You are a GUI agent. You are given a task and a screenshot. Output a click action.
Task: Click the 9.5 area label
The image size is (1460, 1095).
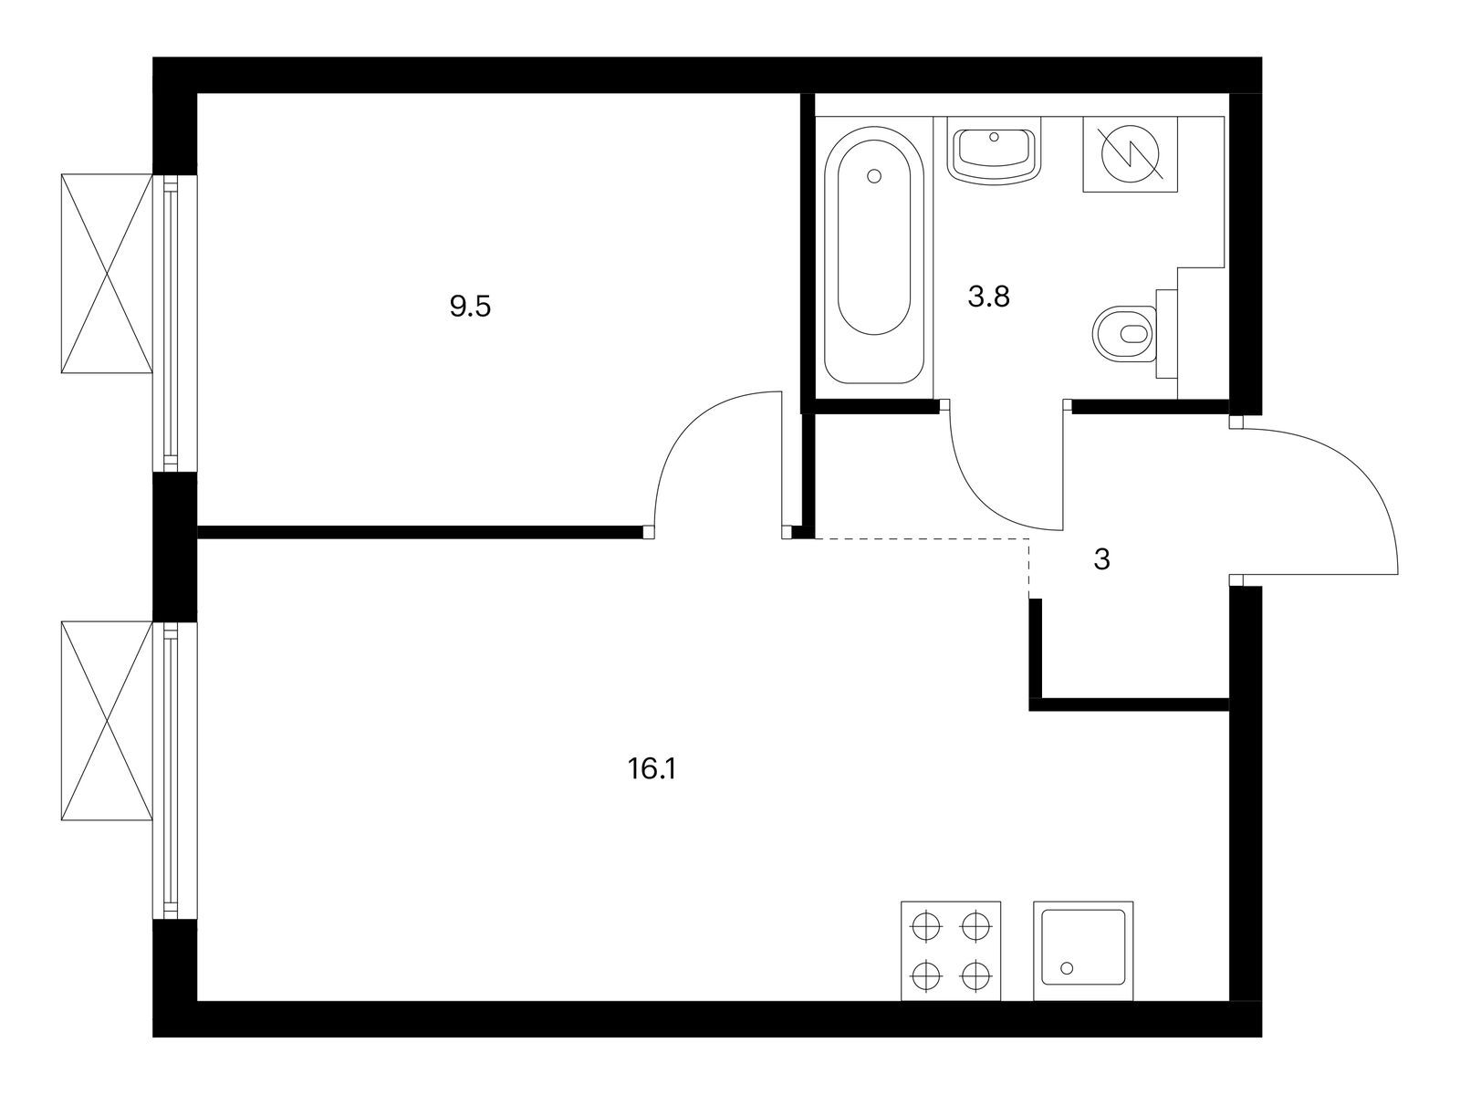point(470,308)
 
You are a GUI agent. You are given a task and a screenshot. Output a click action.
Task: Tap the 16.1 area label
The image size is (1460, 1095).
point(652,769)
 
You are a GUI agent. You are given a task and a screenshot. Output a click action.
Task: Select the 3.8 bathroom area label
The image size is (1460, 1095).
point(988,297)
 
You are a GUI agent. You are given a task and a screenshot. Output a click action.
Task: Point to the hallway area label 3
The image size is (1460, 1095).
point(1101,559)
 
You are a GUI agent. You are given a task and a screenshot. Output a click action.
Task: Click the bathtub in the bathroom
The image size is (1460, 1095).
point(874,255)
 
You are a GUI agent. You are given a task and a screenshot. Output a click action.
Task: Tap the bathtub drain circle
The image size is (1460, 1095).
point(875,176)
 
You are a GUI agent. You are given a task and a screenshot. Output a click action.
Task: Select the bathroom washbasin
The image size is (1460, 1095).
point(994,155)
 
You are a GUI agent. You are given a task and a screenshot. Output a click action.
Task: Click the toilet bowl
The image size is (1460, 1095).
point(1125,333)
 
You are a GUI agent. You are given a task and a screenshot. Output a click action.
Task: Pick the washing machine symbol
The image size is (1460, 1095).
point(1130,154)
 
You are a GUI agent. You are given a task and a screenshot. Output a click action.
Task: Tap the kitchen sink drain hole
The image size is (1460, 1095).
point(1067,969)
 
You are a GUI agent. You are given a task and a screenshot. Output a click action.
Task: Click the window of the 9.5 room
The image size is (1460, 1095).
point(174,323)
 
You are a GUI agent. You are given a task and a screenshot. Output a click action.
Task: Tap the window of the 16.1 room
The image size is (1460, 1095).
point(174,770)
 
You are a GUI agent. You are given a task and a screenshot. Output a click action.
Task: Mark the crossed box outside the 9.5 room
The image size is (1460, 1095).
point(107,273)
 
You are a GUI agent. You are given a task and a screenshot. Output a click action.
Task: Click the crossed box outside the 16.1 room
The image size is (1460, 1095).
point(107,721)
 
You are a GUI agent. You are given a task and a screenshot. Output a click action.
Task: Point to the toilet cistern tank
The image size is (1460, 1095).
point(1167,334)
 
